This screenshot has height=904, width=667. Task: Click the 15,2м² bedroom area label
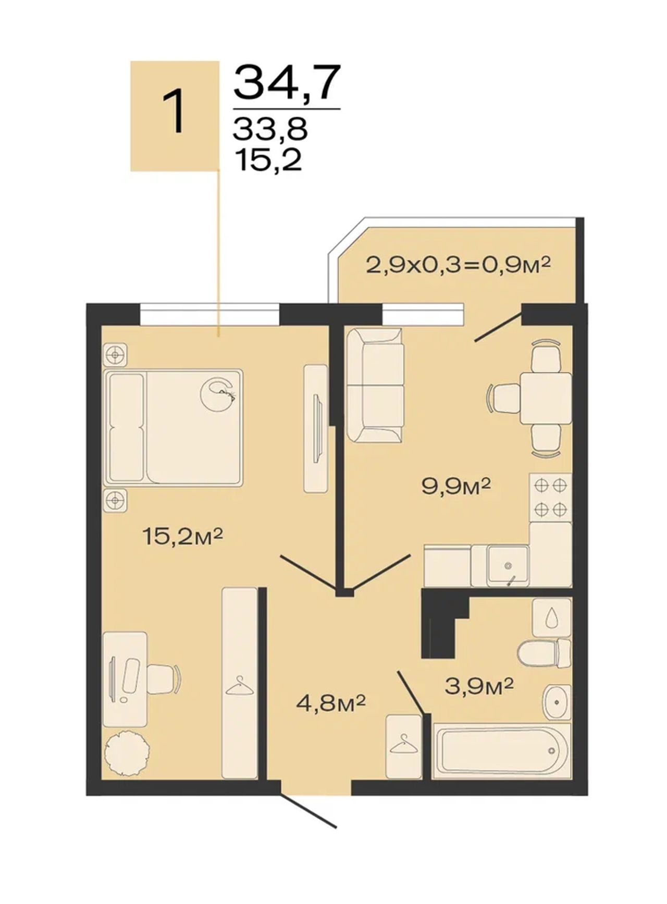coord(182,536)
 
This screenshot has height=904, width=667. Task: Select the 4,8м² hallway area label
coord(330,704)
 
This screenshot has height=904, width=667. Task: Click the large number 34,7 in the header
coord(287,82)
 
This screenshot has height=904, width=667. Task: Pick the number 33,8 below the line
coord(270,129)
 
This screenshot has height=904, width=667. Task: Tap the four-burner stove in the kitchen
coord(551,497)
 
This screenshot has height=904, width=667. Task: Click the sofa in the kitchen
coord(375,386)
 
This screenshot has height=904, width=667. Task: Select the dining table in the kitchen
coord(545,398)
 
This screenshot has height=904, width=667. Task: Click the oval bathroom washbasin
coord(557,702)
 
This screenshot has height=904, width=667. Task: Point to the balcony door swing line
coord(499,327)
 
